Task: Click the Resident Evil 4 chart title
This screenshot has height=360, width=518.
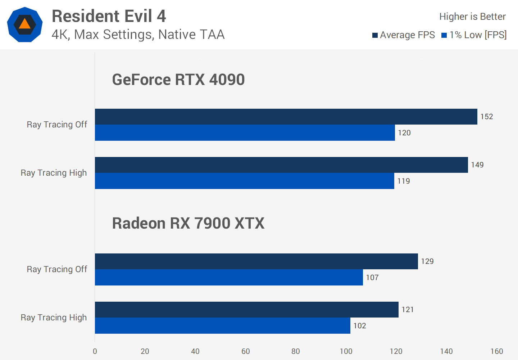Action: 109,16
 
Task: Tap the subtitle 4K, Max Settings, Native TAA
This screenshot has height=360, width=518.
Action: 138,35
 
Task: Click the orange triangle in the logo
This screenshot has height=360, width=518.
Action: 24,24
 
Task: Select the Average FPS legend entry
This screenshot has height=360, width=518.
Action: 404,35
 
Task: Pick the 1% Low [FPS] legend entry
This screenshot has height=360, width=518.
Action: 474,35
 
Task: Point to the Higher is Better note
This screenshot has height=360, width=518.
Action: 472,17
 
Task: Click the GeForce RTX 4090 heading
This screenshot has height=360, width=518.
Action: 178,80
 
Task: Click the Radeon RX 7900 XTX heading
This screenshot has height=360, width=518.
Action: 188,223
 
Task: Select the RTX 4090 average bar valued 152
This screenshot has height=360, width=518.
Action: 286,117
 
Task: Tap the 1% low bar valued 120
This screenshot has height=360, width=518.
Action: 245,133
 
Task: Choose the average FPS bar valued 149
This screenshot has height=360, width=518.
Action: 281,165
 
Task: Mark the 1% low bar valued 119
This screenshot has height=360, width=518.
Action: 244,181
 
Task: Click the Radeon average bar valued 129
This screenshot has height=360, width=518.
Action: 256,261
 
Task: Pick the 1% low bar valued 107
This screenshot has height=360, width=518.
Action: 229,278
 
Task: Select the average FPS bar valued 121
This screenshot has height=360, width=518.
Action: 246,310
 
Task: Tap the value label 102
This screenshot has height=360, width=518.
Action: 360,326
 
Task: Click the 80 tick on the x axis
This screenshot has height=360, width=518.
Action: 296,351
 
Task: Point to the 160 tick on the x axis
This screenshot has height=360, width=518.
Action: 497,351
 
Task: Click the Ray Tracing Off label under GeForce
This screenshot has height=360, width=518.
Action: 57,125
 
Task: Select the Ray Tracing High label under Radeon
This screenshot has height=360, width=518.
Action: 54,318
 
